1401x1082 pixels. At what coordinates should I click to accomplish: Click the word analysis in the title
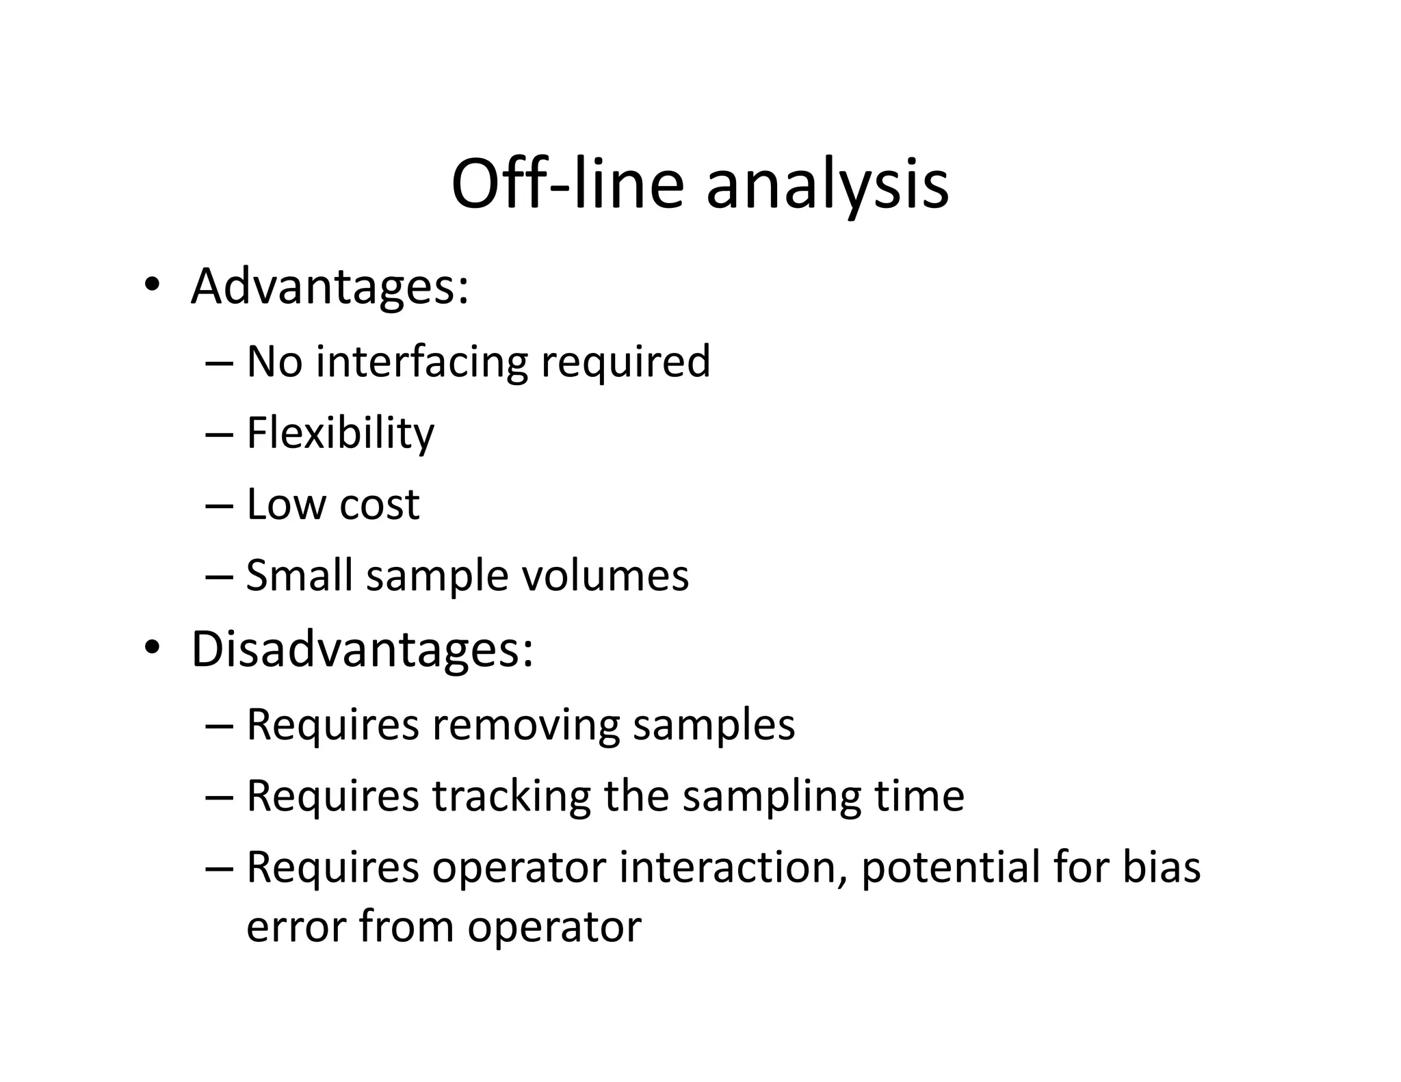(827, 186)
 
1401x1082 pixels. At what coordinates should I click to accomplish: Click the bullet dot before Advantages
(151, 285)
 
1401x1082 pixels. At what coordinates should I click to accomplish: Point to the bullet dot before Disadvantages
(151, 647)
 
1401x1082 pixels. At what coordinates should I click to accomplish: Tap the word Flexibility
(340, 434)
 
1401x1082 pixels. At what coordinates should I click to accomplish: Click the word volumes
(605, 576)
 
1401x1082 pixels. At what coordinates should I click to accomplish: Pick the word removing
(525, 724)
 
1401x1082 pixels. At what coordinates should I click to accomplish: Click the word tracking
(511, 796)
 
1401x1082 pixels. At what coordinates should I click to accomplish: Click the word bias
(1161, 867)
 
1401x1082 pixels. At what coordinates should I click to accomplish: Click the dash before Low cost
(218, 506)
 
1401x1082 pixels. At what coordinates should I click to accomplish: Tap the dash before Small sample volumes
(218, 577)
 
